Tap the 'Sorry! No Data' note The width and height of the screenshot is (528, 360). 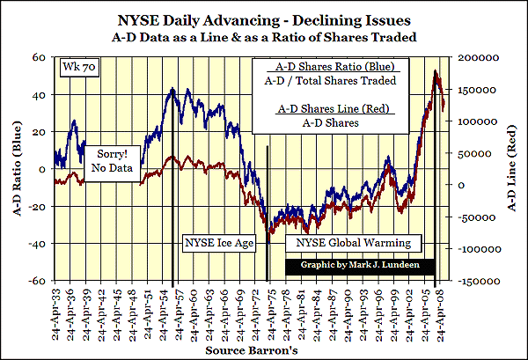[x=116, y=160]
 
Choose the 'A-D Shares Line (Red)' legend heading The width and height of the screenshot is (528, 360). [x=335, y=109]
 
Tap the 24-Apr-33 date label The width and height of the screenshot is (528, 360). [x=55, y=312]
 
